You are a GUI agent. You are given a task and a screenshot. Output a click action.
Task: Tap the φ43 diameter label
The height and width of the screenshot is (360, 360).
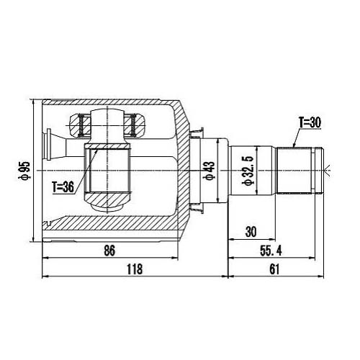tap(210, 171)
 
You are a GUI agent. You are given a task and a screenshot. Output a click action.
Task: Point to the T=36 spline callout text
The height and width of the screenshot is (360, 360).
tap(65, 187)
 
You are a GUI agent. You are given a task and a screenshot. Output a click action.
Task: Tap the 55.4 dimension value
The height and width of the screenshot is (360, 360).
tap(274, 252)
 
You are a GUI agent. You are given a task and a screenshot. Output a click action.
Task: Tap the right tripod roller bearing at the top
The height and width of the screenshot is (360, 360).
tap(132, 127)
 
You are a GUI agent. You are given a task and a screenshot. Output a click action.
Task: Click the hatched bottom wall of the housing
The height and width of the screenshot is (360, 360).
tap(108, 229)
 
